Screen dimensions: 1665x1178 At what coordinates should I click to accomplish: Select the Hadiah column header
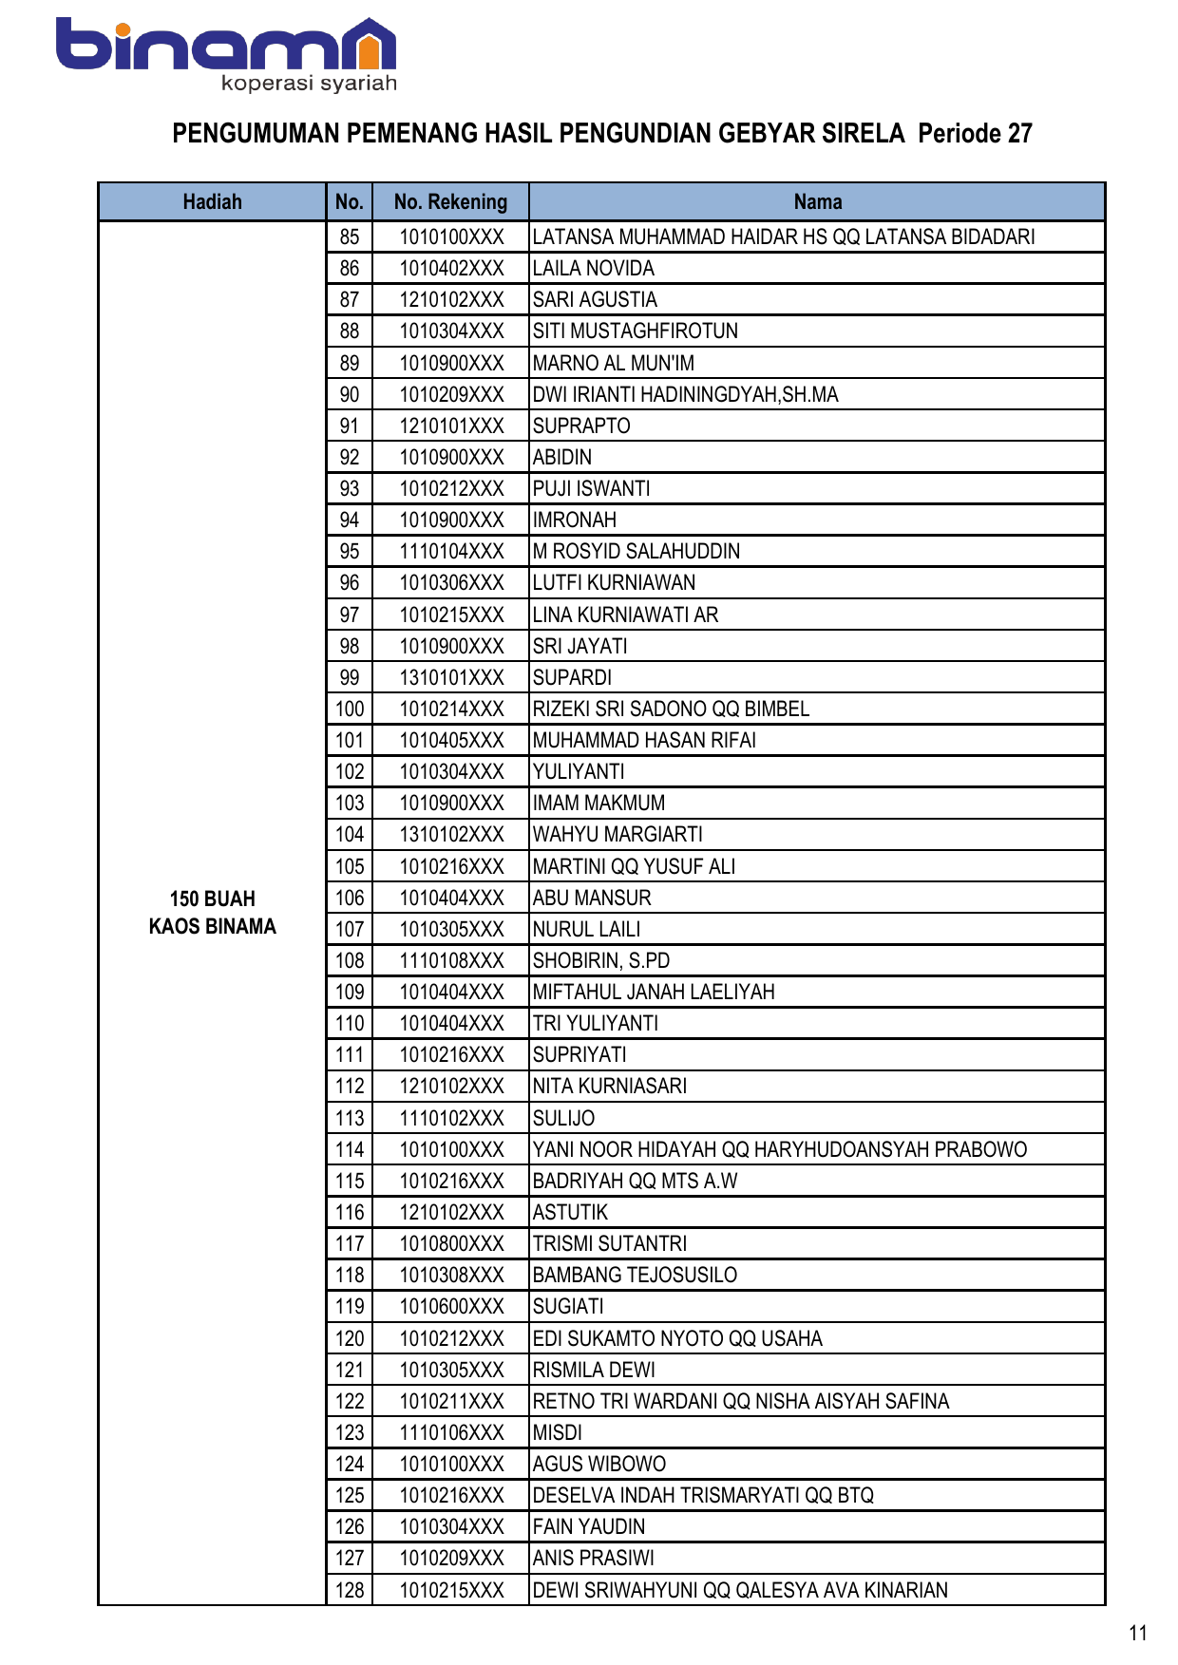212,201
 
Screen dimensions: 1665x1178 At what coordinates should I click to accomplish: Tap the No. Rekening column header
450,201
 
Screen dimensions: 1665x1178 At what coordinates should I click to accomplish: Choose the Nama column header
817,201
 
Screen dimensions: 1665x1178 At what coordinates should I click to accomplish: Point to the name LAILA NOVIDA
594,269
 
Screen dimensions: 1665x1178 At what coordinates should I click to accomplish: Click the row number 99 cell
350,677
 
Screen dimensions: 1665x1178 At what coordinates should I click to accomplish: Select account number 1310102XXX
451,835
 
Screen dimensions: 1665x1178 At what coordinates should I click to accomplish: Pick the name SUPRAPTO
581,426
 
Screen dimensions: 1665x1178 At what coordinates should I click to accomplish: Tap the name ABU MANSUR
592,898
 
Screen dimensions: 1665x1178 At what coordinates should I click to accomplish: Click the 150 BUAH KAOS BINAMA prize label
212,913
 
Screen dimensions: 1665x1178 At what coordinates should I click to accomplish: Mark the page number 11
1138,1633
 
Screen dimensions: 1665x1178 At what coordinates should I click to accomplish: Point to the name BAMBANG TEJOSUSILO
635,1275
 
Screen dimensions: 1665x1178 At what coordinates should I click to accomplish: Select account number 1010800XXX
451,1243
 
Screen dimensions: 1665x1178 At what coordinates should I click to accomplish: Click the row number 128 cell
350,1590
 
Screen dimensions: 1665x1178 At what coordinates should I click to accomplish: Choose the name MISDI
558,1432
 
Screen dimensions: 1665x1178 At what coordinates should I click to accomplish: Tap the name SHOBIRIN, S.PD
601,960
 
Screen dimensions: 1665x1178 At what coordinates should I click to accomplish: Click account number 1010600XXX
451,1306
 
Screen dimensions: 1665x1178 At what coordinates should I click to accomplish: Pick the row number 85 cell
350,237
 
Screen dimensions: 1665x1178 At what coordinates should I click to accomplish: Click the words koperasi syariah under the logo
309,84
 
